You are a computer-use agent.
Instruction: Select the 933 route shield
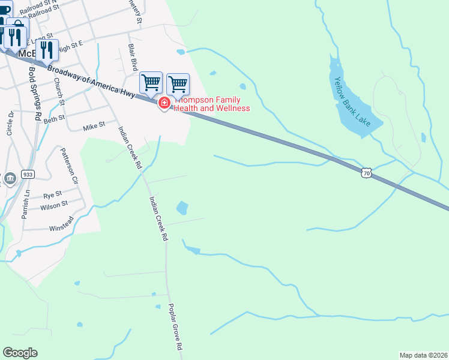(28, 174)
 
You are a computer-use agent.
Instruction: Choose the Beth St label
(54, 119)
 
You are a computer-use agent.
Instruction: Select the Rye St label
(53, 196)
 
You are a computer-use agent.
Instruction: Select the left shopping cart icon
(151, 82)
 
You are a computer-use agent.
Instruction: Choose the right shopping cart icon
(178, 83)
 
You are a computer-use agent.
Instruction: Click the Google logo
(20, 353)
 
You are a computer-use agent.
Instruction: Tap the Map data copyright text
(423, 355)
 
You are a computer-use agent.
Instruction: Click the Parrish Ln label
(25, 204)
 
